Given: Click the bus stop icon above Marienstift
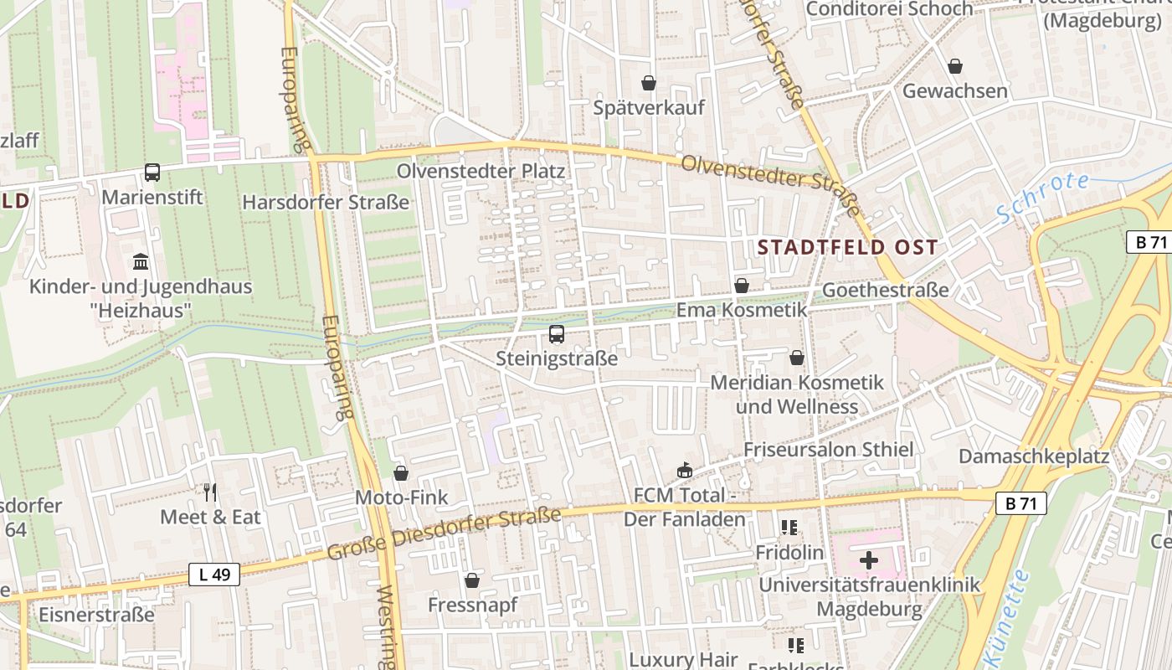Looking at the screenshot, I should tap(152, 173).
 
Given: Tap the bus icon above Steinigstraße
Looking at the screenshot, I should tap(556, 335).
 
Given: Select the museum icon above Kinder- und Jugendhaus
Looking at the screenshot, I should tap(141, 262).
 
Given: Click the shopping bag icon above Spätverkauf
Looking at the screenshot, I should tap(648, 83).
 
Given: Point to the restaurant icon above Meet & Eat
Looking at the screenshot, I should tap(210, 492).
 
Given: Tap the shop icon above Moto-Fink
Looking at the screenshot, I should tap(401, 473).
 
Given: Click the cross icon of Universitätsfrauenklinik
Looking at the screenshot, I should tap(868, 559).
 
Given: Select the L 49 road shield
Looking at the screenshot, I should tap(214, 575).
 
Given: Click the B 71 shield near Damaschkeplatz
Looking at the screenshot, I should tap(1021, 503).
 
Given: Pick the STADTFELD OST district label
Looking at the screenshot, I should tap(846, 248).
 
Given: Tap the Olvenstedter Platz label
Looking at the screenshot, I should tap(481, 171).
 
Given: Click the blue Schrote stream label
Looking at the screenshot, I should tap(1044, 198).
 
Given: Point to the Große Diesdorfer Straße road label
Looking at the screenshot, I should tap(443, 534).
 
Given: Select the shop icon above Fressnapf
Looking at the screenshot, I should tap(472, 580).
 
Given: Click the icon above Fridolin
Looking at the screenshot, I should tap(789, 528).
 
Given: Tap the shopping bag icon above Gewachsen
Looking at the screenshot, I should tap(954, 66).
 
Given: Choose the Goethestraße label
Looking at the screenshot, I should tap(886, 290).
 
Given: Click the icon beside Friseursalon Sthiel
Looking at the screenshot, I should tap(685, 471).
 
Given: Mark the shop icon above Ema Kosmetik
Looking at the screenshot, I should tap(741, 286).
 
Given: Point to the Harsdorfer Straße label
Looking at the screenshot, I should tap(326, 203).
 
